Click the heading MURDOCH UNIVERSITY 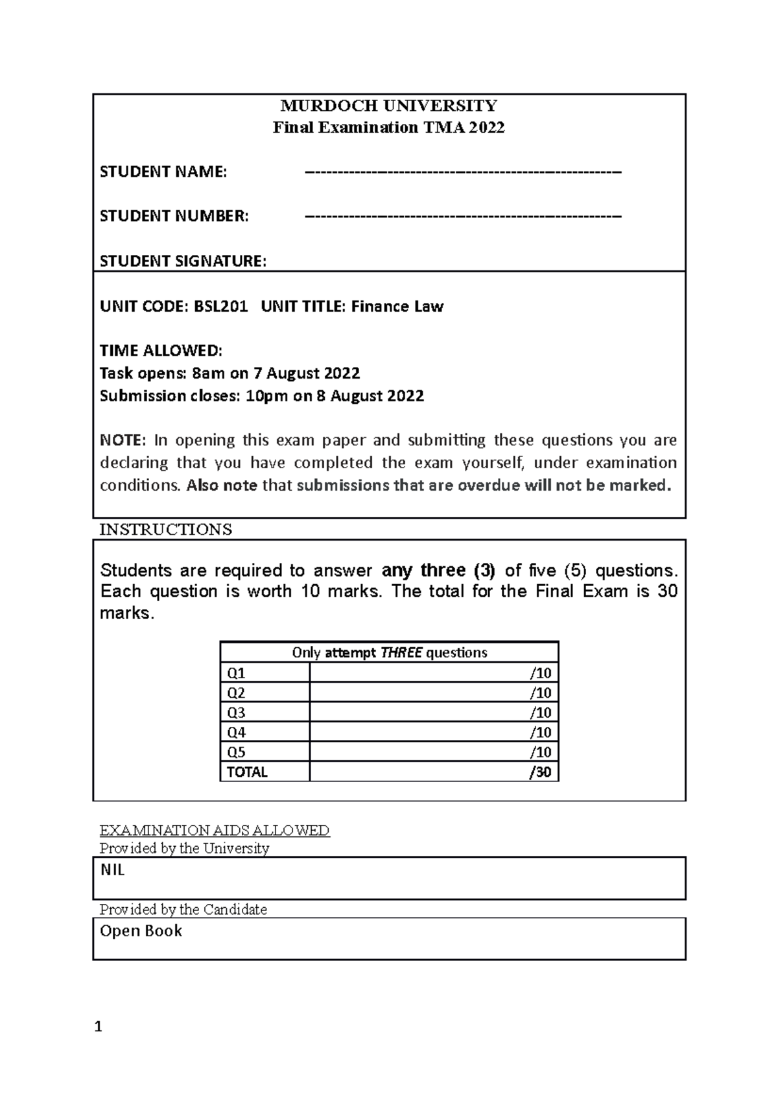388,106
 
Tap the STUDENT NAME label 163,172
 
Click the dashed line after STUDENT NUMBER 463,216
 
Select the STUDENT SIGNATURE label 183,261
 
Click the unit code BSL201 220,306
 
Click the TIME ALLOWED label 161,351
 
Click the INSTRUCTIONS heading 165,529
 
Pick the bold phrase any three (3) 438,571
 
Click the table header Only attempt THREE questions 389,652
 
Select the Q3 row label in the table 236,713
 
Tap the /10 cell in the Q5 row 540,752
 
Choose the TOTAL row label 246,772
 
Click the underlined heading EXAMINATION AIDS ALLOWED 214,831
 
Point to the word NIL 112,871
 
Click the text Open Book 141,931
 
